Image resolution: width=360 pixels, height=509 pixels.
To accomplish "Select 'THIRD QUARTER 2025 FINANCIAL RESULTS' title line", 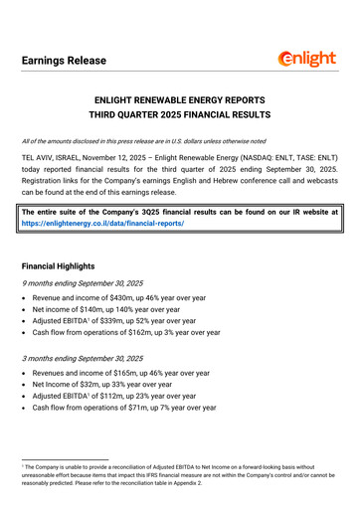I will [x=180, y=118].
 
